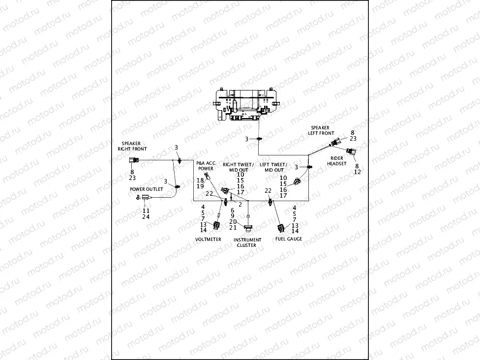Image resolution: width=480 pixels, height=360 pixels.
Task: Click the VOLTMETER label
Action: point(209,240)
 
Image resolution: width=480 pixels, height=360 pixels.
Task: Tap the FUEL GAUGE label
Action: point(289,239)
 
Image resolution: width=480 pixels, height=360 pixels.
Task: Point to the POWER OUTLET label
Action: point(147,189)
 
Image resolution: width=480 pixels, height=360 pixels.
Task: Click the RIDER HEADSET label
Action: point(338,161)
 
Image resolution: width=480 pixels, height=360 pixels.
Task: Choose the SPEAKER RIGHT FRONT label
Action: point(132,146)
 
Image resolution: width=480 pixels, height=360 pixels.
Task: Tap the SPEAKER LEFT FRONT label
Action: point(321,130)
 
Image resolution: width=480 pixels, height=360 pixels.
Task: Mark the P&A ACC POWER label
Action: point(206,165)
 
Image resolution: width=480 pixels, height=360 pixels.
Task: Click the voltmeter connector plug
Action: point(216,226)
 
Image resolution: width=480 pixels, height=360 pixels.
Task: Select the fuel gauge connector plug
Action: point(281,228)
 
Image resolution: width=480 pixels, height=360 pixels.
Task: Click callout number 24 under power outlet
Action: point(146,216)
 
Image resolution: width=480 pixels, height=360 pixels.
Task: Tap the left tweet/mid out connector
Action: point(297,182)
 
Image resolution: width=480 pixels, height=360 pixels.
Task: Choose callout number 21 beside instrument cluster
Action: point(233,228)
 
